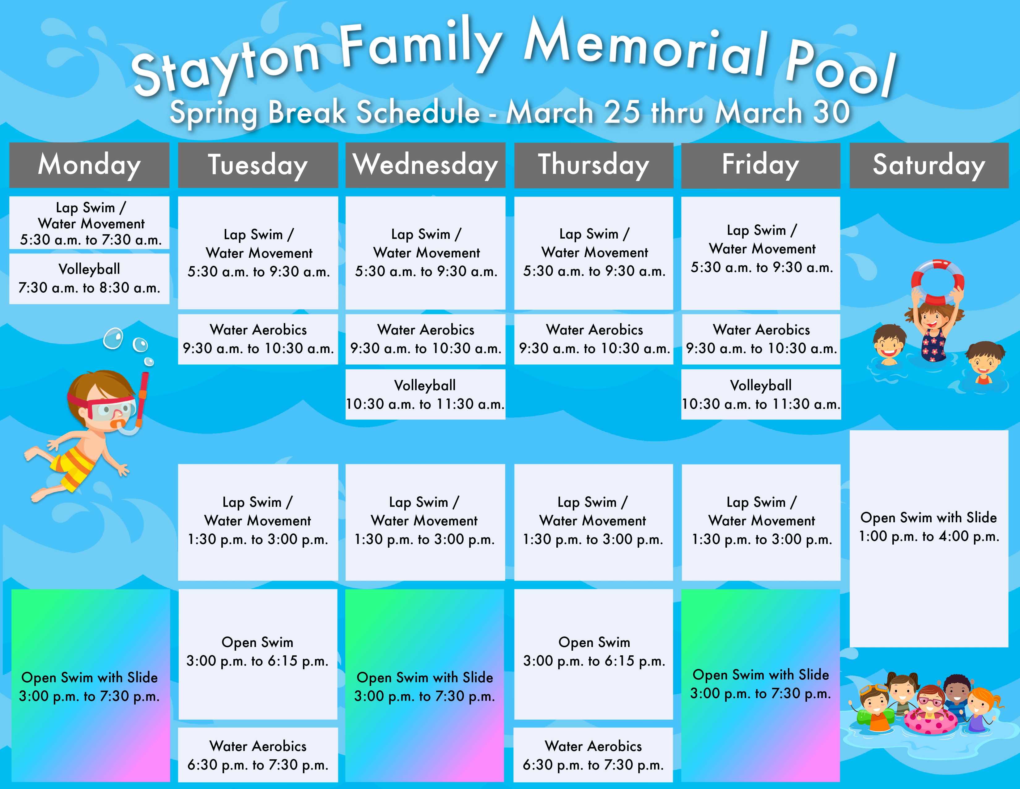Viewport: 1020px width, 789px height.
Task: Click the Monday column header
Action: pos(89,165)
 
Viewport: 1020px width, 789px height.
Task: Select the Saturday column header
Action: pos(929,165)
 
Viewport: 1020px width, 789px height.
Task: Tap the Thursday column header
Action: pos(593,165)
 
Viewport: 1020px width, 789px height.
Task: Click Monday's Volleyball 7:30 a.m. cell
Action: pos(89,278)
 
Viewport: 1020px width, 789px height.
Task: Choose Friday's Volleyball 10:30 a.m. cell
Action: pos(761,394)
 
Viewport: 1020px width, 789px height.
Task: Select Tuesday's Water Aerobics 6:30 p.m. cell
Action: pos(258,755)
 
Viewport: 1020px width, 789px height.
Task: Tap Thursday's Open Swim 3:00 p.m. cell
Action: pos(593,654)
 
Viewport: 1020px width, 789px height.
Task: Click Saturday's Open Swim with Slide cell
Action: pos(929,538)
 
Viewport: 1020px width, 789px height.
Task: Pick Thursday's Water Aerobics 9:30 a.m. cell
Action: pos(593,339)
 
